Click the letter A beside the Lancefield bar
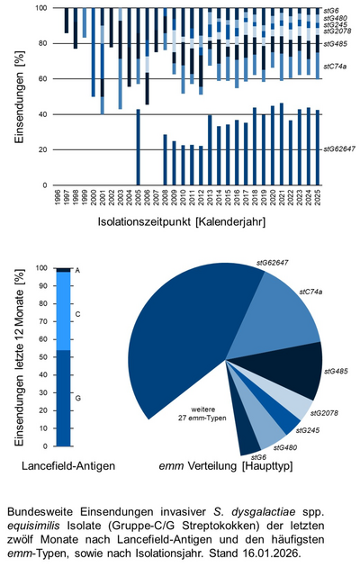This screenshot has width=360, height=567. click(x=77, y=270)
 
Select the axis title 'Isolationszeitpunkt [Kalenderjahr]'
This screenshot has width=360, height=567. click(x=187, y=220)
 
